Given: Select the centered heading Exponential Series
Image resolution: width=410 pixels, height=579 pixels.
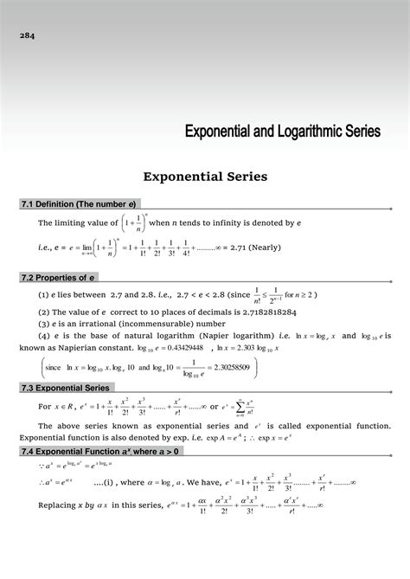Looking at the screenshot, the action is (x=204, y=177).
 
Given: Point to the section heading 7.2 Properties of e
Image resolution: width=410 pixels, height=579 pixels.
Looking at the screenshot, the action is (x=58, y=278).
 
